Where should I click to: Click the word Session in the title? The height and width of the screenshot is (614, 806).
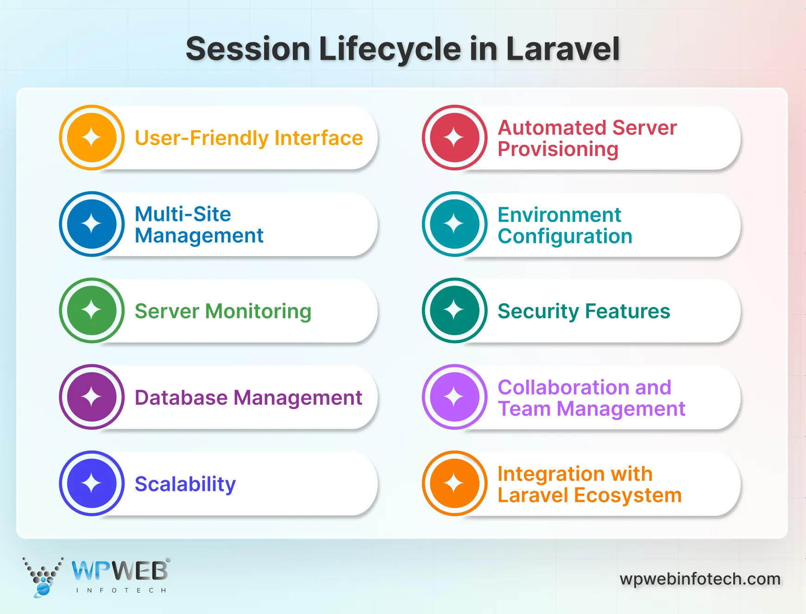pos(248,49)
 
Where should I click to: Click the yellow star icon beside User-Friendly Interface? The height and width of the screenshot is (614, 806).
pos(92,138)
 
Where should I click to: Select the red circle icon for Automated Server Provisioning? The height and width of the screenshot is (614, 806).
pos(454,138)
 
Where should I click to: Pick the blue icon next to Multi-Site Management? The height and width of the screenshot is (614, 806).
pos(92,224)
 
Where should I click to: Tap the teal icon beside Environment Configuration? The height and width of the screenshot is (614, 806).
pos(454,224)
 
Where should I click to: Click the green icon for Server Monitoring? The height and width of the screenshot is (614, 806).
pos(92,310)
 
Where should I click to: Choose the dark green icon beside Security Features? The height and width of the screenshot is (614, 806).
pos(454,310)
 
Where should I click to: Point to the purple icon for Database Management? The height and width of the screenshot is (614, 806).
pos(92,397)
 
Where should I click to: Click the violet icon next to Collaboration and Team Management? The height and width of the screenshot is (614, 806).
pos(454,397)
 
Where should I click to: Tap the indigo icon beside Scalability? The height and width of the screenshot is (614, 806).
pos(92,483)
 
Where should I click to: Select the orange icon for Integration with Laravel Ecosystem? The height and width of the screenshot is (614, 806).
pos(454,483)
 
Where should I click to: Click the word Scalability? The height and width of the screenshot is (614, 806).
pos(185,484)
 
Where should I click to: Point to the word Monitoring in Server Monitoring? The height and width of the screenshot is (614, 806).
pos(258,311)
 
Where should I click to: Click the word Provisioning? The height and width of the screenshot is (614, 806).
pos(558,149)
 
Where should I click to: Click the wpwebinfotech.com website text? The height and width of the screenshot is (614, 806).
pos(700,579)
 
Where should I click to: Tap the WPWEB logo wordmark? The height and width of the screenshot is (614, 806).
pos(120,571)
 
